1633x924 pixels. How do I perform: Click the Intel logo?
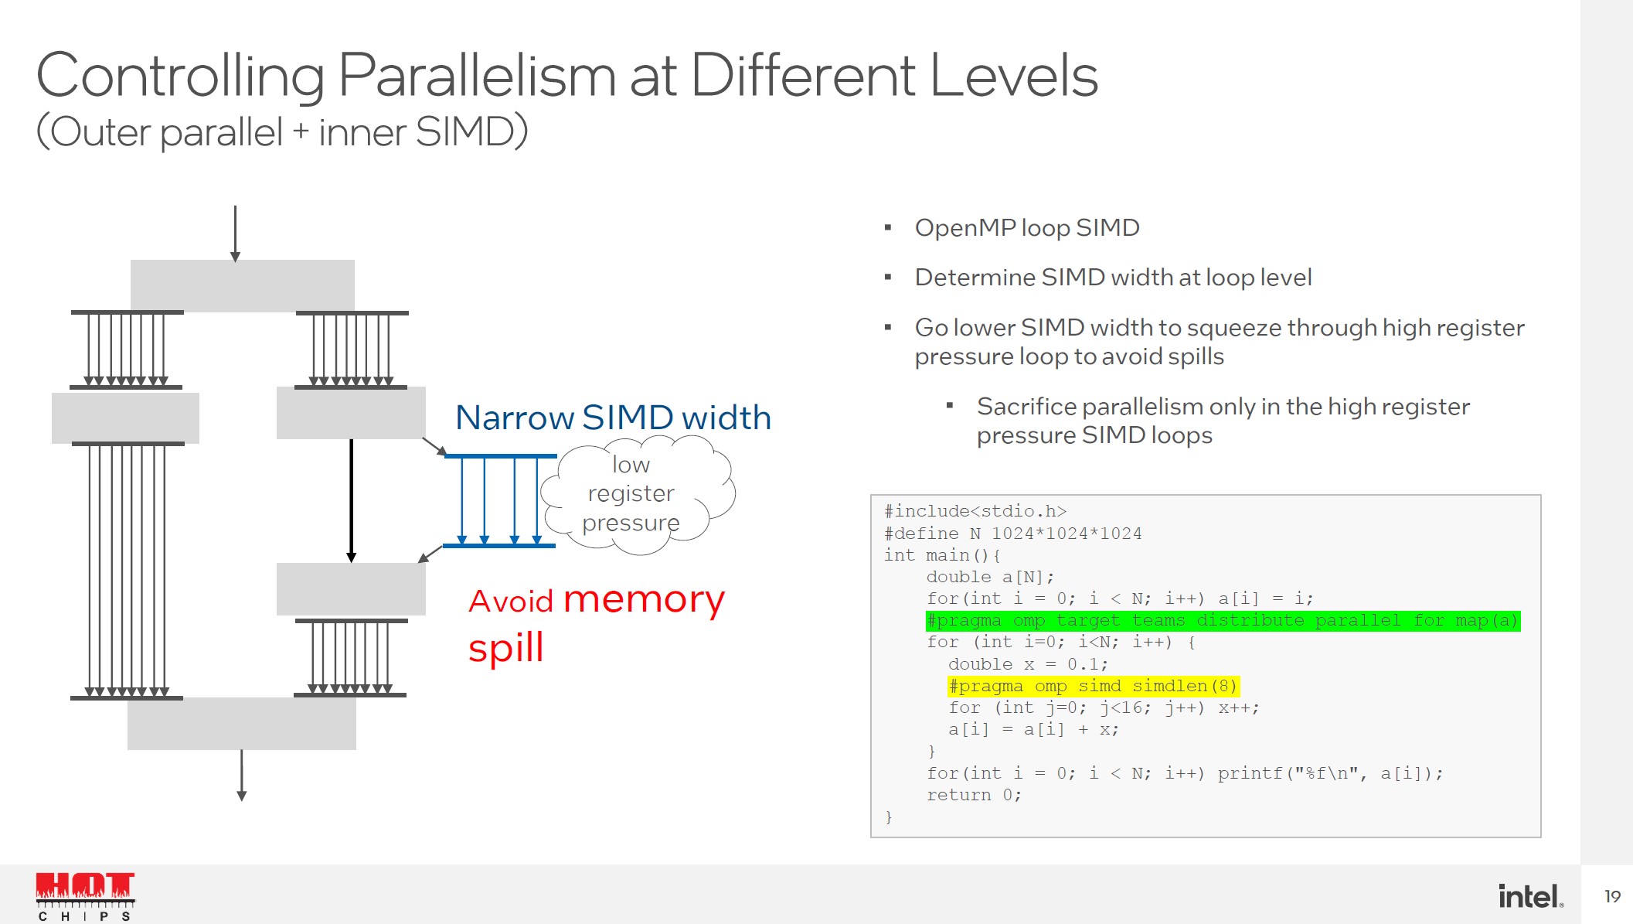coord(1529,896)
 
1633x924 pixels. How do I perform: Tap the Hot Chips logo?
coord(85,895)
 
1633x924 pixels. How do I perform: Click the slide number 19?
coord(1612,896)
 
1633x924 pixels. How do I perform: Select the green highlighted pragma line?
coord(1222,621)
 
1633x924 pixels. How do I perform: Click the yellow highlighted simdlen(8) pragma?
coord(1093,686)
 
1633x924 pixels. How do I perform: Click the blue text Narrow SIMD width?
coord(613,418)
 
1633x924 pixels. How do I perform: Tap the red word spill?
coord(506,648)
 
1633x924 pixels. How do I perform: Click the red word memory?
coord(644,600)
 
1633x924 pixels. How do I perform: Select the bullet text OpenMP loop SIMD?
coord(1026,228)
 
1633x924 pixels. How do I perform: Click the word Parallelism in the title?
coord(477,76)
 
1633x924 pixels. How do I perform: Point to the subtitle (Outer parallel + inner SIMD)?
coord(282,131)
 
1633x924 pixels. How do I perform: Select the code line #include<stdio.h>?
coord(975,511)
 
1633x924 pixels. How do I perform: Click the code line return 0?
coord(974,795)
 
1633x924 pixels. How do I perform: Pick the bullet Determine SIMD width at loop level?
coord(1113,278)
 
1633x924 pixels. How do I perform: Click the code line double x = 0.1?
coord(1028,664)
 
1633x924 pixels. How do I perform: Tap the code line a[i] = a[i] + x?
coord(1033,729)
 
